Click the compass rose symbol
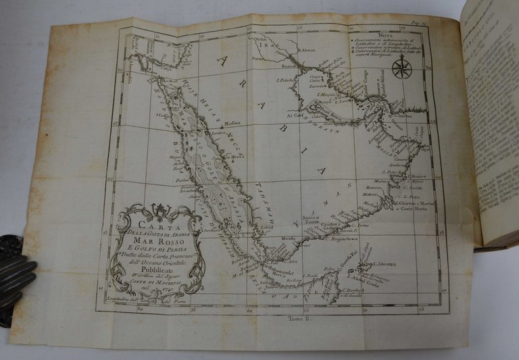pos(403,66)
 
